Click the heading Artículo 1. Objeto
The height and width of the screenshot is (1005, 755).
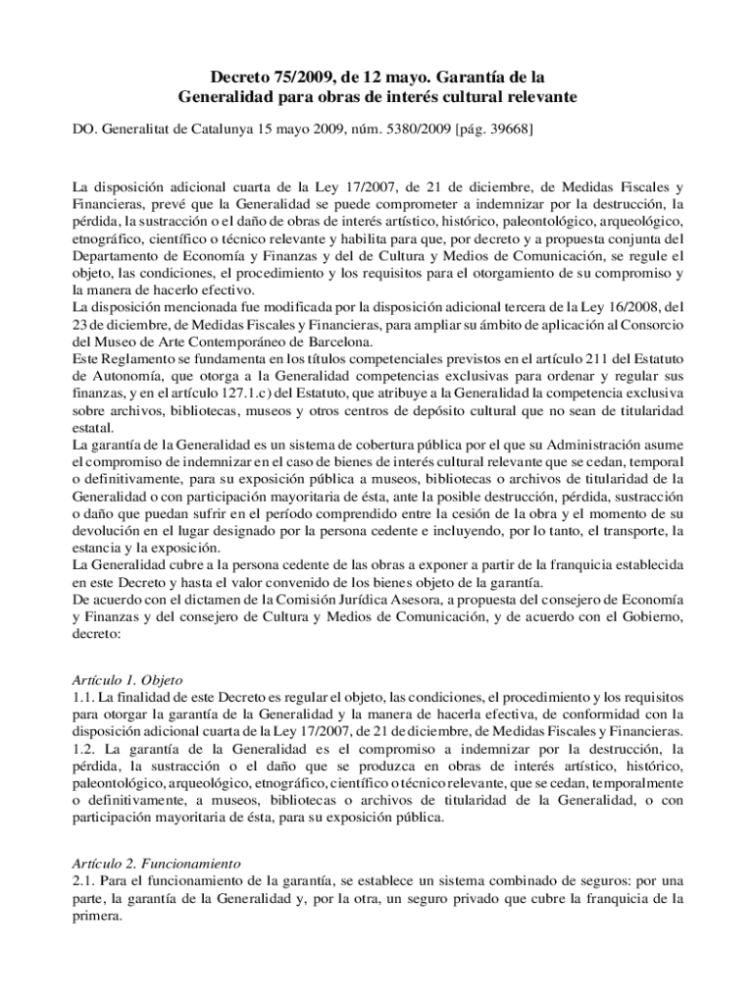127,679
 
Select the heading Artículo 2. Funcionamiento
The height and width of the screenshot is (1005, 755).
157,864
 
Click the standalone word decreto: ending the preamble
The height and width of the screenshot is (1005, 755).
96,633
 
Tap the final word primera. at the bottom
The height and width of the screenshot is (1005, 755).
98,917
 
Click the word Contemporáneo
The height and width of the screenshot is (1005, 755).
249,343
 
